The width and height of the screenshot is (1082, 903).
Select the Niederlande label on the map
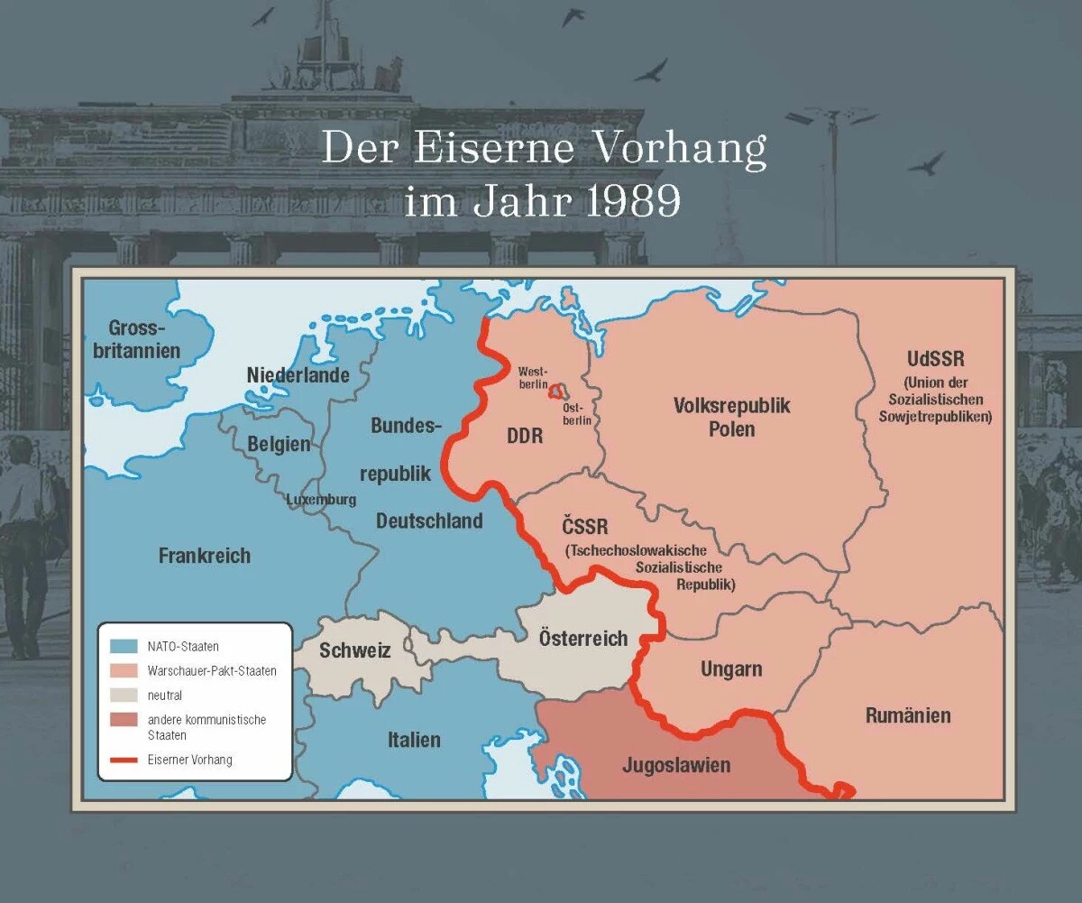pyautogui.click(x=298, y=375)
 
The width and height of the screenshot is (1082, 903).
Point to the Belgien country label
pyautogui.click(x=279, y=444)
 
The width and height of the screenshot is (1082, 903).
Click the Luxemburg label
pyautogui.click(x=321, y=500)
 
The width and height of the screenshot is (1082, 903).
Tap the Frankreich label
pyautogui.click(x=205, y=556)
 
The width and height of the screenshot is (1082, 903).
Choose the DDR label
pyautogui.click(x=525, y=437)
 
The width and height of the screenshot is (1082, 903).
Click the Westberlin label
pyautogui.click(x=533, y=378)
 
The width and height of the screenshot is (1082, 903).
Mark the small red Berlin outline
pyautogui.click(x=558, y=391)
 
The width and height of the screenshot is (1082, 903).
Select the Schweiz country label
pyautogui.click(x=354, y=650)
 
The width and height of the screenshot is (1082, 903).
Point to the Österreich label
pyautogui.click(x=583, y=639)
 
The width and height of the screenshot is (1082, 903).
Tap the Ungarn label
pyautogui.click(x=731, y=669)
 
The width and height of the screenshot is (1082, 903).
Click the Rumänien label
pyautogui.click(x=908, y=716)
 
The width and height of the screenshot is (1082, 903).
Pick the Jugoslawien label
pyautogui.click(x=676, y=766)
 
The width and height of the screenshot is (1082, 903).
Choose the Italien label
pyautogui.click(x=414, y=740)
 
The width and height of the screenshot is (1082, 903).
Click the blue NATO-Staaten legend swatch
pyautogui.click(x=124, y=647)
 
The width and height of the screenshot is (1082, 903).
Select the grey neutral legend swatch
pyautogui.click(x=124, y=696)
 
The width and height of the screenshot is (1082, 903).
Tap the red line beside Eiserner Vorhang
pyautogui.click(x=124, y=760)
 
